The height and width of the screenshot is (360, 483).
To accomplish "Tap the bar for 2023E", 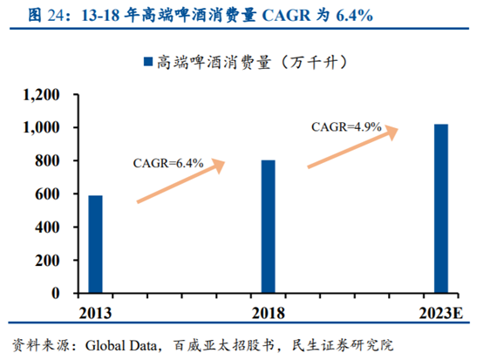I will coord(442,208).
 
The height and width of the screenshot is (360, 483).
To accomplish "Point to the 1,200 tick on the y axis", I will coord(43,94).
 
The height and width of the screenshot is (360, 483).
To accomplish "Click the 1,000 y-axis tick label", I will coord(43,127).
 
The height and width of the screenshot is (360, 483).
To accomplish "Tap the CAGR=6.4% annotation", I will coord(168,162).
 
